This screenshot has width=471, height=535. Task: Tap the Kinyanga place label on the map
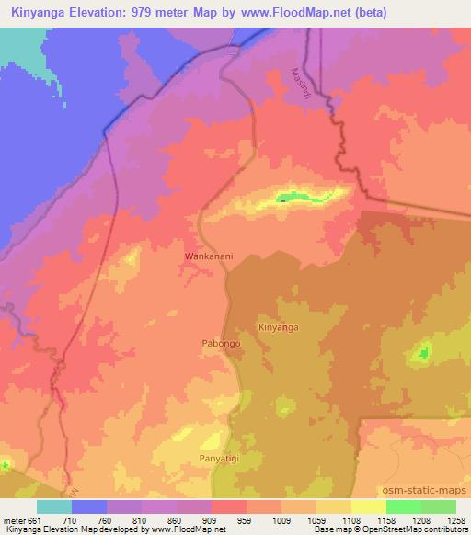279,327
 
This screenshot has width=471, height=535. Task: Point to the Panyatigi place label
219,457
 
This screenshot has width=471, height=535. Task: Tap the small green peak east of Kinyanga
424,350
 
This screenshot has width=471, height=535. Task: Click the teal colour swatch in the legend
53,507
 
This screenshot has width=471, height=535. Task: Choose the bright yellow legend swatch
368,507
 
